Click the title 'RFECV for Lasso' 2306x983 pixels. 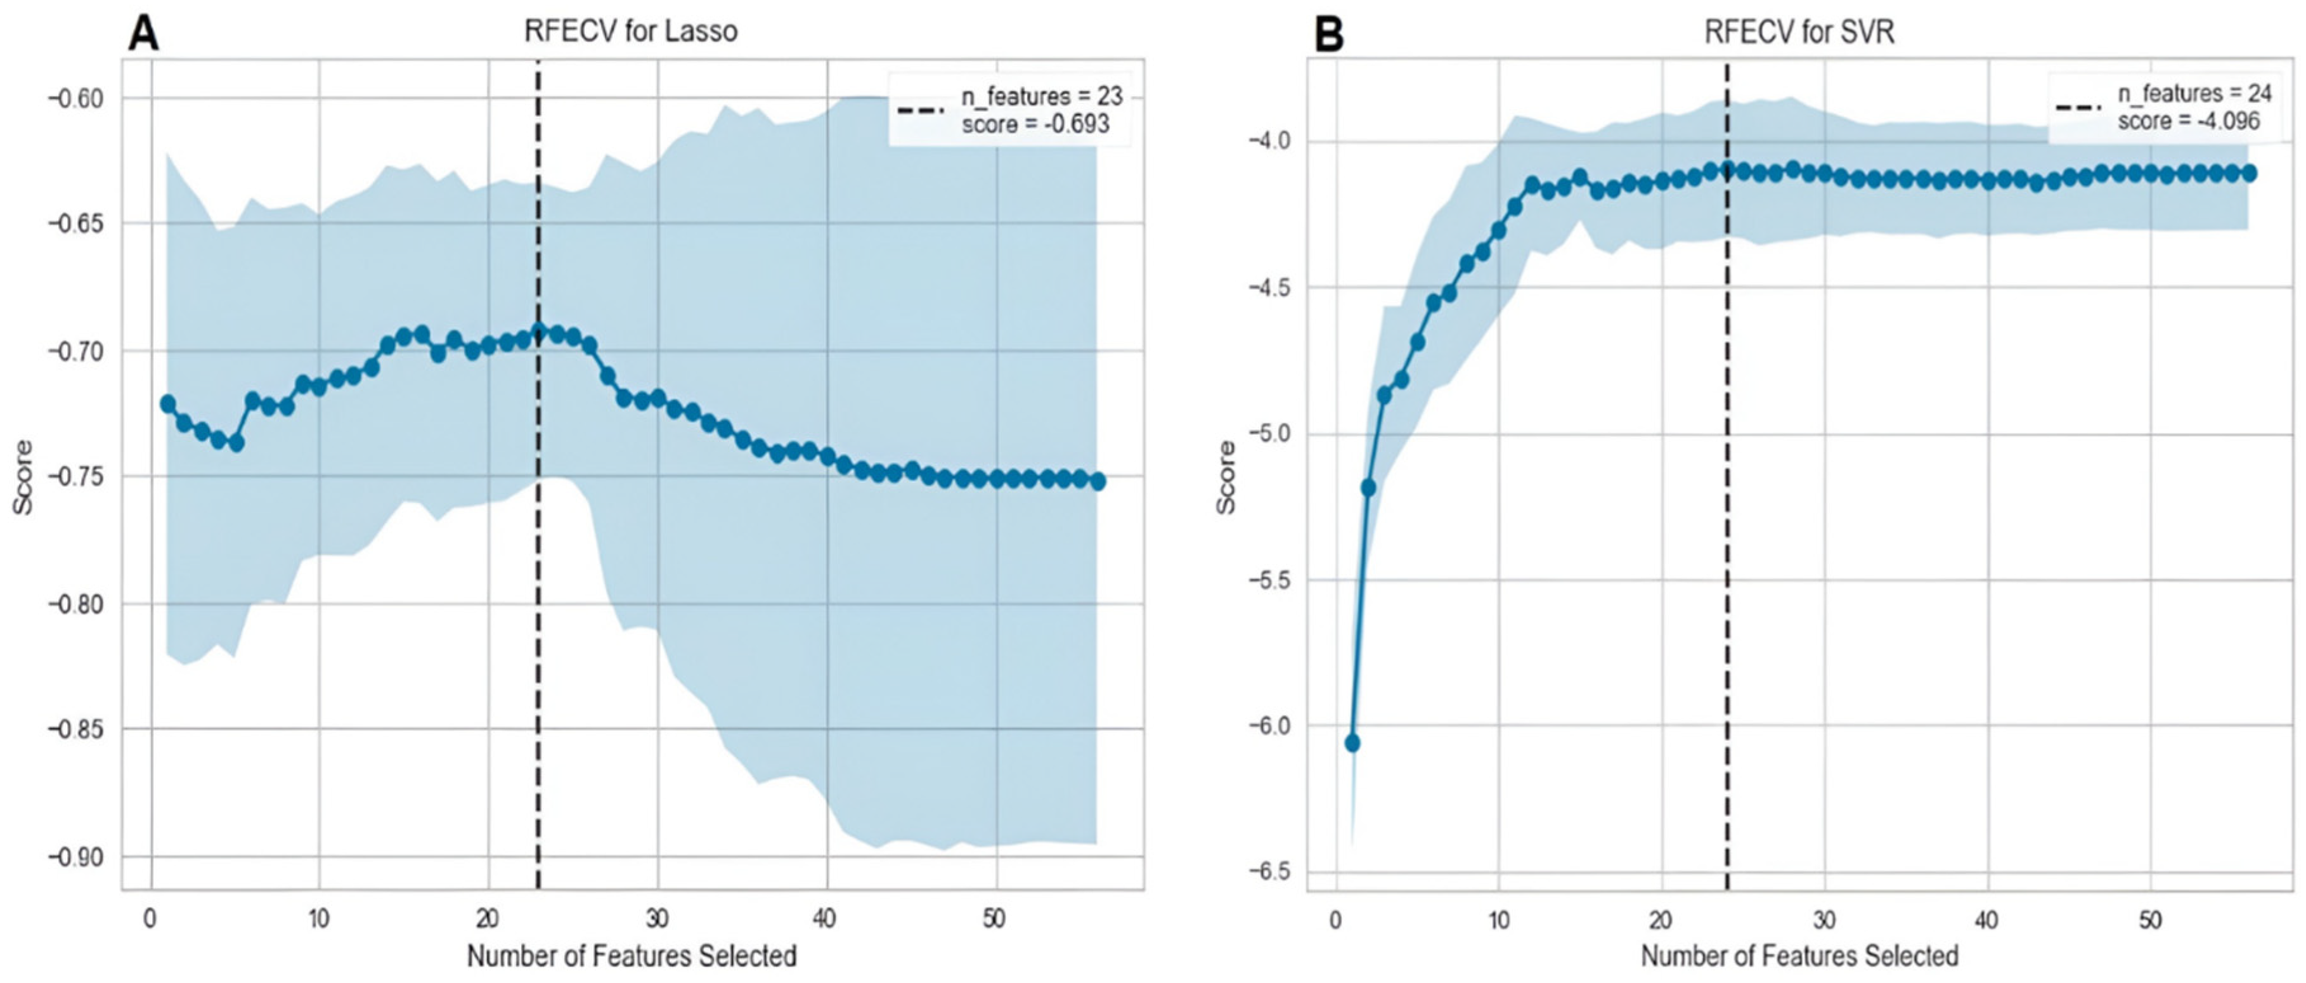630,31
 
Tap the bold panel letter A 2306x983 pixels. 143,35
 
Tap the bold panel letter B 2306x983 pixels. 1330,35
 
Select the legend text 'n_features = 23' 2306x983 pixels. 1041,96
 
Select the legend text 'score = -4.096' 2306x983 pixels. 2188,121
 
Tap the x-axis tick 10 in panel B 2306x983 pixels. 1498,920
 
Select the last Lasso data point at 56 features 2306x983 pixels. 1098,481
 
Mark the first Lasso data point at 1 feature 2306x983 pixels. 167,404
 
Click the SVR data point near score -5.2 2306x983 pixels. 1368,487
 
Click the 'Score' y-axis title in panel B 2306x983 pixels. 1226,477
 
